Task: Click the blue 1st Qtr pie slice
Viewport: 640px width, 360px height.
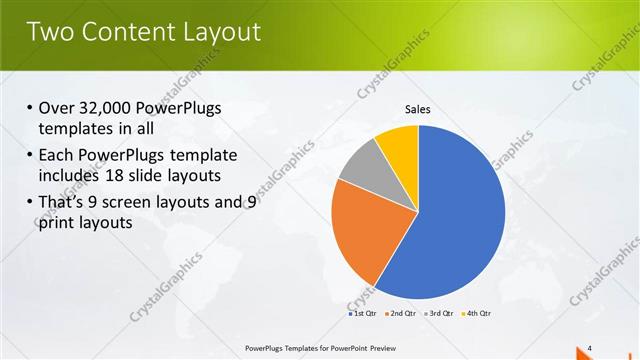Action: tap(460, 220)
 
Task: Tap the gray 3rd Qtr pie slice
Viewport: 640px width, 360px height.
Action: tap(363, 165)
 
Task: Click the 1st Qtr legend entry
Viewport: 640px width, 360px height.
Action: tap(364, 313)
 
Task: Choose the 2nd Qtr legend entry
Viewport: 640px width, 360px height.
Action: tap(401, 313)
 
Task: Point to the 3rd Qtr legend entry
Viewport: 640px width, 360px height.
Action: tap(439, 313)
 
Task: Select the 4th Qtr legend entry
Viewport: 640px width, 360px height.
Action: tap(477, 313)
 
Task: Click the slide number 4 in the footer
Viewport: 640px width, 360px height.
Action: tap(589, 347)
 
